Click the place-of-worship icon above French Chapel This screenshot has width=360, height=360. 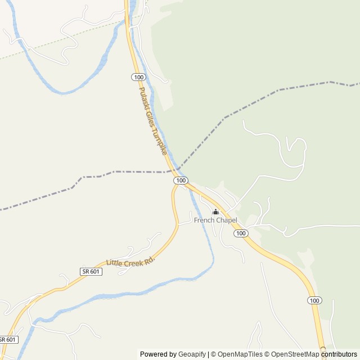[215, 212]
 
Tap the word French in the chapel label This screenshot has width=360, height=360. [204, 220]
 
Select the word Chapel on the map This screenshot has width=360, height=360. [226, 220]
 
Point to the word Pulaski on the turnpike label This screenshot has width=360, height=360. [144, 98]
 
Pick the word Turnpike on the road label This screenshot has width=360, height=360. [160, 143]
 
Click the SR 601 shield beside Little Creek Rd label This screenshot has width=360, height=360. [91, 271]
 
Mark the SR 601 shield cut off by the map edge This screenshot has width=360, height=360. [8, 340]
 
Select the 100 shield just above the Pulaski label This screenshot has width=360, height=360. [138, 76]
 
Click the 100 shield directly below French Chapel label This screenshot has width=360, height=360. [241, 233]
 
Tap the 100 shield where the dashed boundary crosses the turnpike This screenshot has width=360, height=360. [181, 180]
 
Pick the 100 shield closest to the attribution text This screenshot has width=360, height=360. [314, 301]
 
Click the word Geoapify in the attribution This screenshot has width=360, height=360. [192, 354]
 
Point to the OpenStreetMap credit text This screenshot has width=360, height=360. [293, 354]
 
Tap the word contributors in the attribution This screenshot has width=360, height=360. [339, 354]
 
